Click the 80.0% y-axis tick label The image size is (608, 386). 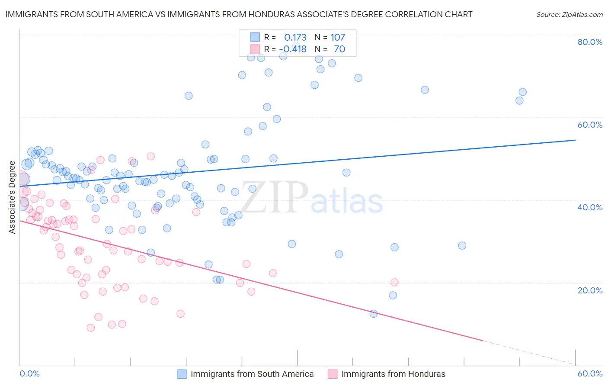coord(590,42)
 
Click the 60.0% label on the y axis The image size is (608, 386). coord(590,125)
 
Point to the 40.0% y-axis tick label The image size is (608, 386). coord(590,207)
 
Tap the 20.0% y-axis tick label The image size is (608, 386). coord(590,290)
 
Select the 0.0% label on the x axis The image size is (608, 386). coord(29,373)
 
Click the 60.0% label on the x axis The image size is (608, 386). coord(590,373)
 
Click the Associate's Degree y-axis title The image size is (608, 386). coord(12,197)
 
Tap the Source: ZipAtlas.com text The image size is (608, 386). coord(569,15)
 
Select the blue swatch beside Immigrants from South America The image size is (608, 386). coord(182,374)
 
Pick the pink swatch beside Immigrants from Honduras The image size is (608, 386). coord(333,374)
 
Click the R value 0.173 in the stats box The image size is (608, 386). coord(295,38)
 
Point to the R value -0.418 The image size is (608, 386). coord(293,49)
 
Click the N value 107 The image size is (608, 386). coord(338,38)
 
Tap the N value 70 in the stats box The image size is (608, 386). coord(339,49)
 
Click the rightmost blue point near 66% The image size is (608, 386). coord(522,92)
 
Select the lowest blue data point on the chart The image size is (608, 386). coord(374,314)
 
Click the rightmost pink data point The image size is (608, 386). coord(394,282)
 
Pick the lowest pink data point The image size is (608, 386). coord(91,328)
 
